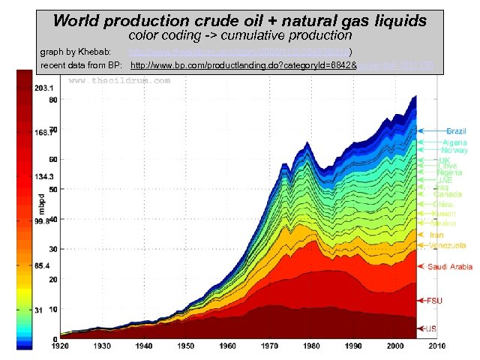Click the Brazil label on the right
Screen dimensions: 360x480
coord(457,131)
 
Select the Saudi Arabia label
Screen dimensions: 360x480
coord(450,266)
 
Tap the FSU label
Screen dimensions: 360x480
coord(434,301)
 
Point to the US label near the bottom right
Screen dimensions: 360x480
coord(431,328)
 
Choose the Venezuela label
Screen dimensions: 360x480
coord(448,245)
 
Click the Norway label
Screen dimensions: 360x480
coord(454,150)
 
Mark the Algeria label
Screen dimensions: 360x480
coord(454,142)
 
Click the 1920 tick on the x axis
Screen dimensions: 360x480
coord(61,346)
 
